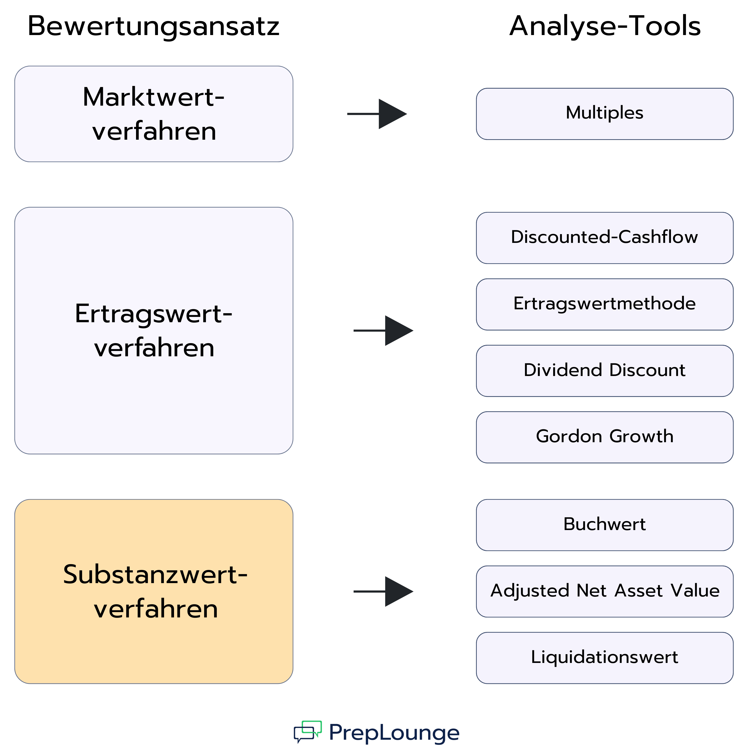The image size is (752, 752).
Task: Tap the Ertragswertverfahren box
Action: [x=154, y=330]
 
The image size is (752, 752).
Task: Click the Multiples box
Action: [x=605, y=114]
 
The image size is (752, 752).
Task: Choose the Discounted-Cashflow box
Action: [x=605, y=238]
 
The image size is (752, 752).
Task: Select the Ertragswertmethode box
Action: [x=605, y=304]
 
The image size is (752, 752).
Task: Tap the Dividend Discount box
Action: [x=605, y=371]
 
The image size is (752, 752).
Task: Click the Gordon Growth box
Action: [x=605, y=437]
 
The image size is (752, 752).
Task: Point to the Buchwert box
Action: [x=605, y=525]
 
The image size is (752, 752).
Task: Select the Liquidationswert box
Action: [x=605, y=658]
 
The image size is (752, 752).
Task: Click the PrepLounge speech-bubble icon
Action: [x=308, y=732]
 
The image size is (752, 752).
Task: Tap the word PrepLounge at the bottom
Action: [x=394, y=733]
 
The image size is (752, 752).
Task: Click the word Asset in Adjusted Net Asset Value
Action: [x=638, y=591]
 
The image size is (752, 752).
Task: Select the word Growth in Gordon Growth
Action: [x=642, y=436]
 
